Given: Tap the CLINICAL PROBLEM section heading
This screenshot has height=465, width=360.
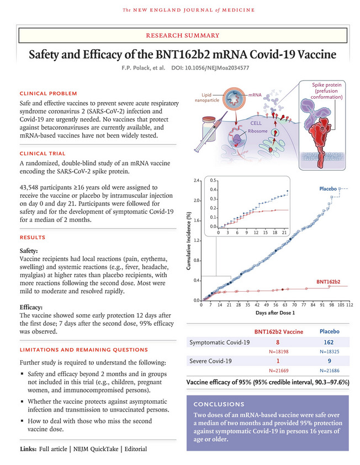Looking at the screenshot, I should pyautogui.click(x=49, y=93).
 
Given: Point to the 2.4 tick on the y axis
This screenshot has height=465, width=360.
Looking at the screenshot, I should pyautogui.click(x=195, y=181).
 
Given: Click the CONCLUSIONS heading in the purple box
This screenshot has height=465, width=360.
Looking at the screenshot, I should pyautogui.click(x=220, y=404).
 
